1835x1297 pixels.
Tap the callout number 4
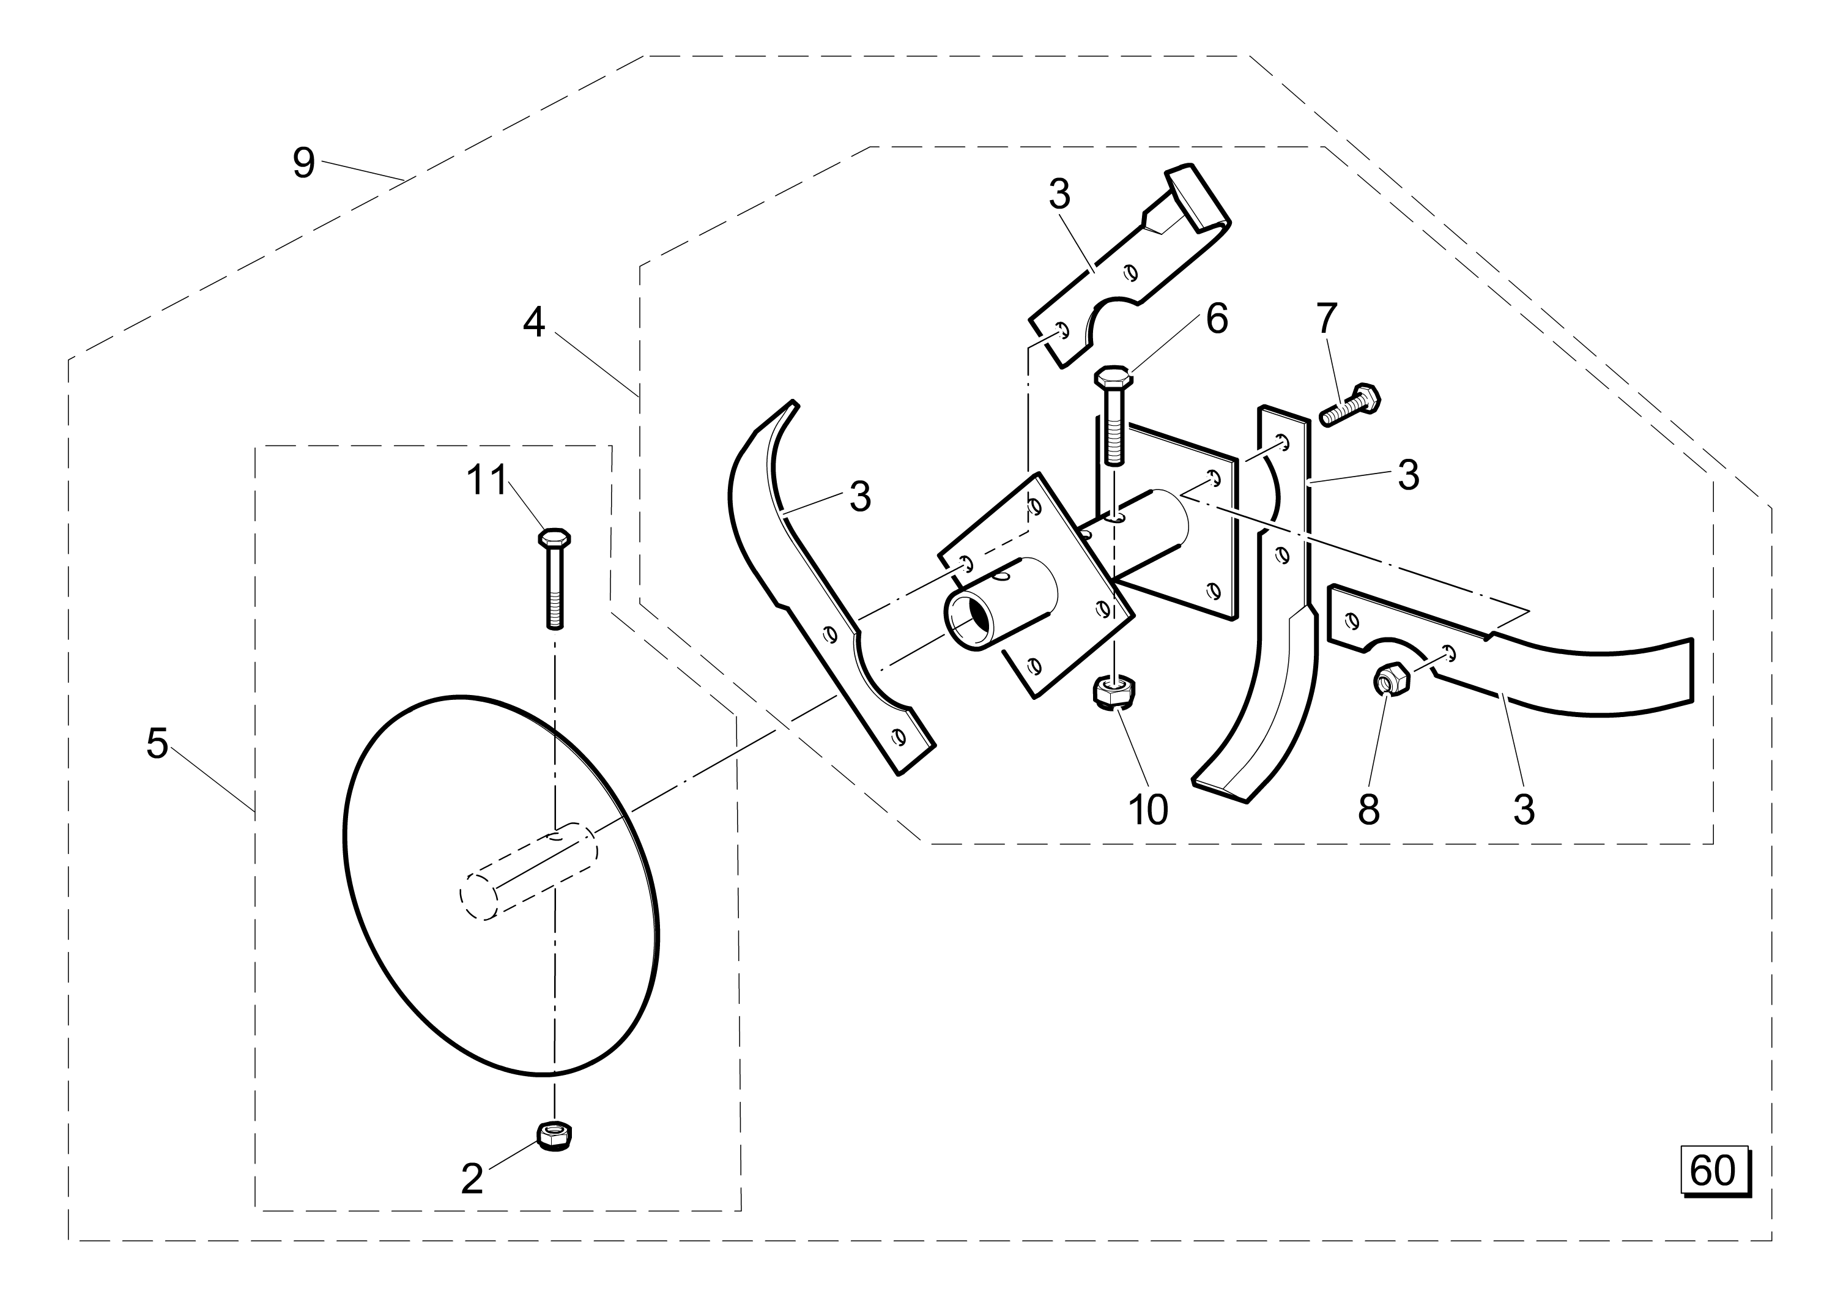[x=534, y=323]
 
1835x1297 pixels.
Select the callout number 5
[x=157, y=744]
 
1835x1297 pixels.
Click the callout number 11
[x=487, y=480]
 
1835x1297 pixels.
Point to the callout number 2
[x=472, y=1180]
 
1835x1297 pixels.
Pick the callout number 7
[x=1327, y=318]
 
